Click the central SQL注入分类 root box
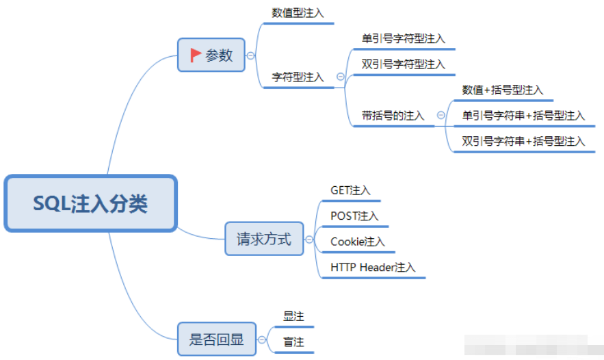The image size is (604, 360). point(90,203)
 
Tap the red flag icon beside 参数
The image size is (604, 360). point(196,55)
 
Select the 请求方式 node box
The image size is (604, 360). point(264,239)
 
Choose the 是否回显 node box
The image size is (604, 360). point(216,339)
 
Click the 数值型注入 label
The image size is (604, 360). point(298,13)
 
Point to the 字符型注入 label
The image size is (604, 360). point(298,77)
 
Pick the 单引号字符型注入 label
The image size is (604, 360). point(404,38)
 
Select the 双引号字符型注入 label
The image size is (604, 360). point(404,64)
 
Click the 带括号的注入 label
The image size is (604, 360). point(393,115)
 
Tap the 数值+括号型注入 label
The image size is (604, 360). point(503,90)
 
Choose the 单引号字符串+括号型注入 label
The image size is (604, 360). point(523,115)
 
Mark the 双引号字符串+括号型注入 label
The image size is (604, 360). point(523,141)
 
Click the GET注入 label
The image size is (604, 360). point(350,190)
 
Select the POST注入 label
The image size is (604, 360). point(354,216)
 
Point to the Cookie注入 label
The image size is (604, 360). point(358,242)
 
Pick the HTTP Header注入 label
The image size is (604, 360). point(373,267)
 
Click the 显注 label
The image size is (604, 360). point(293,316)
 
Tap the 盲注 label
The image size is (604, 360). point(293,342)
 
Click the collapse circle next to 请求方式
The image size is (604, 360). point(309,240)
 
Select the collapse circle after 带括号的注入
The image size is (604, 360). point(441,115)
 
